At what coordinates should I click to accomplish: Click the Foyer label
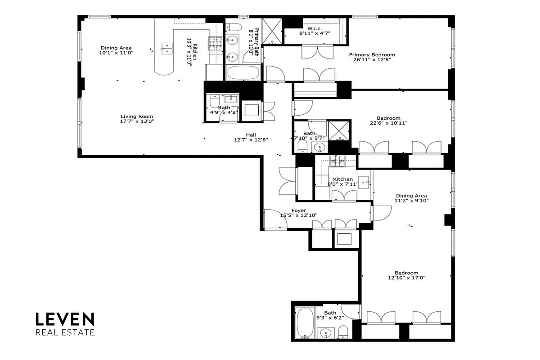299,210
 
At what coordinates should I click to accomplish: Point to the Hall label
251,135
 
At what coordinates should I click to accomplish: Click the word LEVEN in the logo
65,319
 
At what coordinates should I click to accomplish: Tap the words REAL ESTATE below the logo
65,333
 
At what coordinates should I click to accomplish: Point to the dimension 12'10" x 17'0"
406,278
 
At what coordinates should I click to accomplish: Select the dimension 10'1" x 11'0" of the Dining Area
117,53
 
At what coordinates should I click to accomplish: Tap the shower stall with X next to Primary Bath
272,30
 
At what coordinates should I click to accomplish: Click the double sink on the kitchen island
167,48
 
